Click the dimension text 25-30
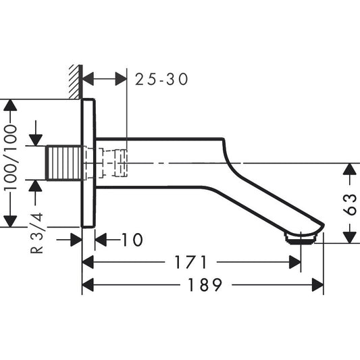(x=161, y=79)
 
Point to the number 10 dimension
(x=133, y=240)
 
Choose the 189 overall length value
(x=203, y=286)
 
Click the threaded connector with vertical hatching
(x=65, y=162)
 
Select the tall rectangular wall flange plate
(x=88, y=163)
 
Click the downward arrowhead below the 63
(x=349, y=236)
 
